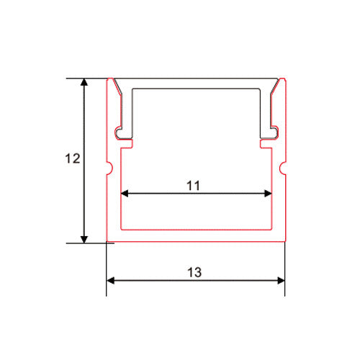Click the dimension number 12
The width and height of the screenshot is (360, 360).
(71, 160)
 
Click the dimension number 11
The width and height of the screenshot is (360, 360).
(192, 185)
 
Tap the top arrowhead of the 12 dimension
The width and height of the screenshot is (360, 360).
(85, 83)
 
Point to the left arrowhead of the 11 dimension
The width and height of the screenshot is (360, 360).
(124, 193)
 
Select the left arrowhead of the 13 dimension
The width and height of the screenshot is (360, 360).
(111, 280)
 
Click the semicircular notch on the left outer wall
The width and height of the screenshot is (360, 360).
(110, 171)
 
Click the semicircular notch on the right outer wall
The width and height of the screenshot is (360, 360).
(282, 171)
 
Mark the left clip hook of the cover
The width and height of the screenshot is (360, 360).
(120, 132)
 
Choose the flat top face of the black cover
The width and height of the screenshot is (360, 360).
(196, 81)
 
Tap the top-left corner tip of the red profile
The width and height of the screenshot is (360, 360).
(109, 77)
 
